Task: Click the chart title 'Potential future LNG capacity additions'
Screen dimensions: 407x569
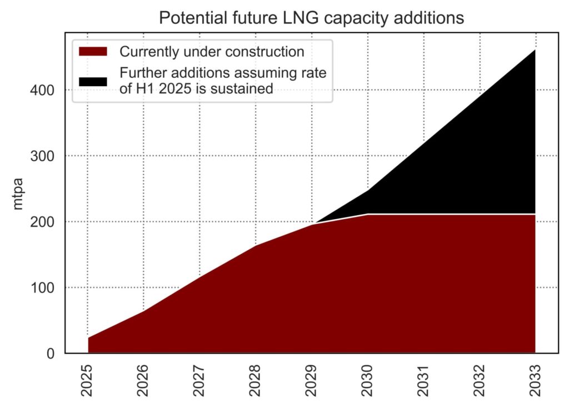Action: click(x=311, y=17)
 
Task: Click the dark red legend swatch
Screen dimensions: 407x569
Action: click(x=93, y=52)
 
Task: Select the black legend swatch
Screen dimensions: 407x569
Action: click(x=93, y=81)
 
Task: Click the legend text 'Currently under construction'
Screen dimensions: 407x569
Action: click(x=212, y=52)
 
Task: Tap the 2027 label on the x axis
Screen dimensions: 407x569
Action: click(x=200, y=381)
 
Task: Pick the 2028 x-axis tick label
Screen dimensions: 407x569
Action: click(x=256, y=381)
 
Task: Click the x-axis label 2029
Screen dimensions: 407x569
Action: click(x=312, y=381)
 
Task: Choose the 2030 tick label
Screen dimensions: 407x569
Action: click(x=368, y=381)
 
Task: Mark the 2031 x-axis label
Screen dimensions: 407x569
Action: click(x=423, y=381)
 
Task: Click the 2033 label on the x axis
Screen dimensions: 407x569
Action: click(x=535, y=381)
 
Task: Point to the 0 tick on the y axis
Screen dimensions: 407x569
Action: click(x=51, y=354)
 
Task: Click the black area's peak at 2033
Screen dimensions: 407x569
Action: click(x=535, y=50)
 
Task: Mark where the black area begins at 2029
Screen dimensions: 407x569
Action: click(x=313, y=224)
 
